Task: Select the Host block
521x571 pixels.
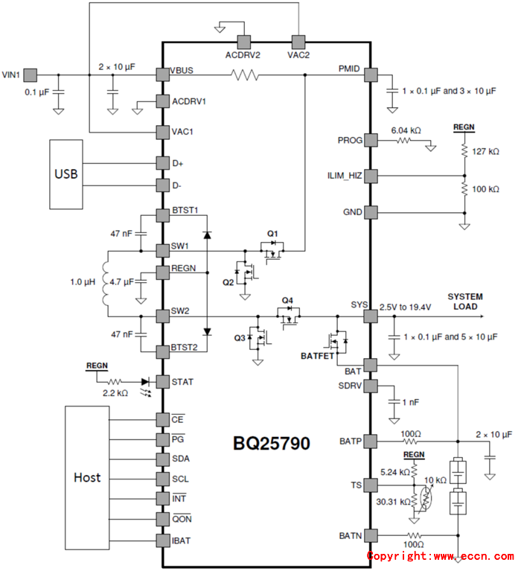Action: (x=88, y=476)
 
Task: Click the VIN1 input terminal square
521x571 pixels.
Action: (x=31, y=74)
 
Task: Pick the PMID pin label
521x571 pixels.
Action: (x=350, y=69)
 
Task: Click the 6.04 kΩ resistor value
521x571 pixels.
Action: (x=406, y=130)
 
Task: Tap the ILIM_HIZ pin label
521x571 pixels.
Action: (x=344, y=176)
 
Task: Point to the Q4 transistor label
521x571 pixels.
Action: (x=287, y=301)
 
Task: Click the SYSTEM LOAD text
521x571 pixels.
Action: (x=464, y=302)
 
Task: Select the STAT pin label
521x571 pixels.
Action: (x=182, y=382)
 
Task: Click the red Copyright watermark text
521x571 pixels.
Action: (x=439, y=556)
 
